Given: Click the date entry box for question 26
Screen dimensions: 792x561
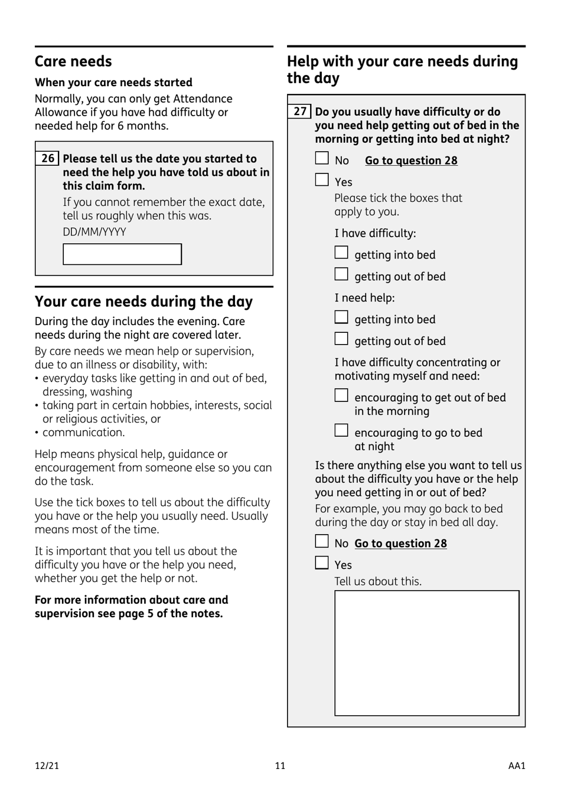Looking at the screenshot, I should click(122, 254).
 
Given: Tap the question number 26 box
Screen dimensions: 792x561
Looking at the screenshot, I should click(47, 159).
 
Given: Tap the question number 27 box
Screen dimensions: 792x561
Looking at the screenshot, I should click(300, 112).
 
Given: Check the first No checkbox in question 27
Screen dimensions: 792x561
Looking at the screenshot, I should click(322, 158).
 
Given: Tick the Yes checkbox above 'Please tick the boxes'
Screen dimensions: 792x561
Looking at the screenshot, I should click(322, 180).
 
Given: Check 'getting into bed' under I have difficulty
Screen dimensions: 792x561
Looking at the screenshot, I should click(341, 253).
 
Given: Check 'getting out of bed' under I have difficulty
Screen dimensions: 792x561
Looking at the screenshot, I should click(341, 274).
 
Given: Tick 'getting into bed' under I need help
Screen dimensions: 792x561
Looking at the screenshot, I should click(341, 318).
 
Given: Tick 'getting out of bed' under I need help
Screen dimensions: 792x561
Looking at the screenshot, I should click(341, 339).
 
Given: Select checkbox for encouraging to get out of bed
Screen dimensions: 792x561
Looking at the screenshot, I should click(341, 395).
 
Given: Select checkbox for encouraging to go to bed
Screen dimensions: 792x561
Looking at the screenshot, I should click(341, 431).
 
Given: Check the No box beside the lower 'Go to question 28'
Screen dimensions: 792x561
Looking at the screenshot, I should click(322, 541).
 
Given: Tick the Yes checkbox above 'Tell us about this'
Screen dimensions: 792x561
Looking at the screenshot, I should click(322, 563).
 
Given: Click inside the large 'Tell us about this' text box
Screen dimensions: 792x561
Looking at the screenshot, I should click(427, 653).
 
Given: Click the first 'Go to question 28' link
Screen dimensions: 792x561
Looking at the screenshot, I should click(411, 161).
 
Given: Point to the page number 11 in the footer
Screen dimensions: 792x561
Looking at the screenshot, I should click(280, 766).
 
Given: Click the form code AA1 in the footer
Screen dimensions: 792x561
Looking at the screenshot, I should click(517, 766).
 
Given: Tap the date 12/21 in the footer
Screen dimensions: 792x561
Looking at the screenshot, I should click(47, 766).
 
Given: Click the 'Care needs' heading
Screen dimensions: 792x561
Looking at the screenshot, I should click(73, 61).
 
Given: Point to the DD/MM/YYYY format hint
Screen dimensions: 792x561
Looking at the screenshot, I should click(94, 232).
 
